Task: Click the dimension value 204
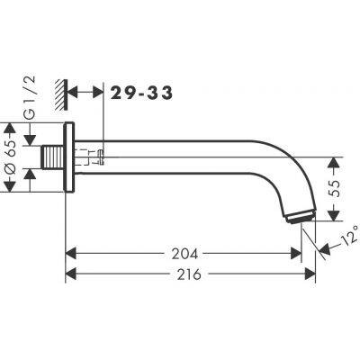(x=184, y=254)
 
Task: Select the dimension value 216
(x=189, y=274)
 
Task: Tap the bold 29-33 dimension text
(x=141, y=93)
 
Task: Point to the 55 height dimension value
(x=336, y=188)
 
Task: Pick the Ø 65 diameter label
(x=12, y=157)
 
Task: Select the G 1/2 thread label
(x=31, y=98)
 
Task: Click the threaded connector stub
(x=52, y=157)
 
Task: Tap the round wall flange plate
(x=68, y=157)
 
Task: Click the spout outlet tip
(x=300, y=216)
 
